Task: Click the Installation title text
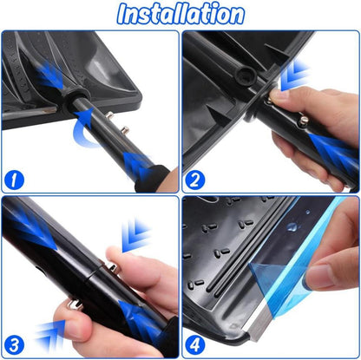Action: pos(180,14)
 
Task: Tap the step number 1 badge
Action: pos(14,180)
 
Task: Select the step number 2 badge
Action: pos(195,180)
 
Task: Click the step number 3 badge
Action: pos(14,345)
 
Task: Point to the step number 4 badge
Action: pos(195,345)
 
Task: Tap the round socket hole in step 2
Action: pos(246,75)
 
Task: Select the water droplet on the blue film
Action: pos(292,226)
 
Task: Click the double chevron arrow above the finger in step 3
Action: pos(136,235)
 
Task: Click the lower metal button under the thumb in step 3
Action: pos(74,304)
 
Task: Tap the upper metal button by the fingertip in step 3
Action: pos(112,267)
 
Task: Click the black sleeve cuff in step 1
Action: pos(153,179)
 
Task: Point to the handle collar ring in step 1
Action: pos(75,100)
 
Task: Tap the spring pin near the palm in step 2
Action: pos(303,121)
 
